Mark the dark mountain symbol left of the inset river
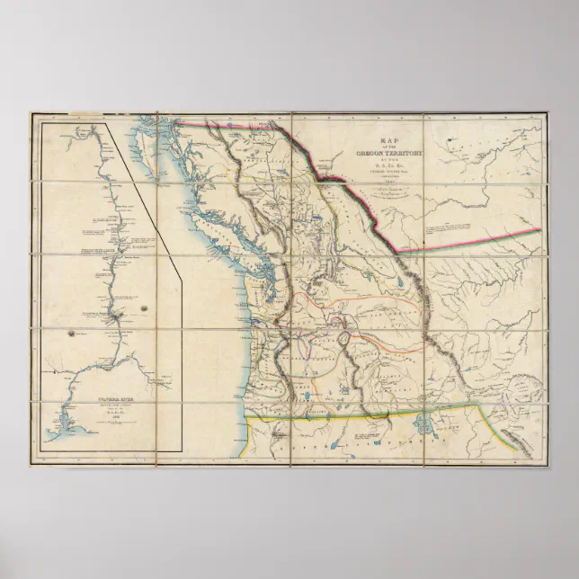point(70,333)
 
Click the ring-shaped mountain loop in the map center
point(343,340)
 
